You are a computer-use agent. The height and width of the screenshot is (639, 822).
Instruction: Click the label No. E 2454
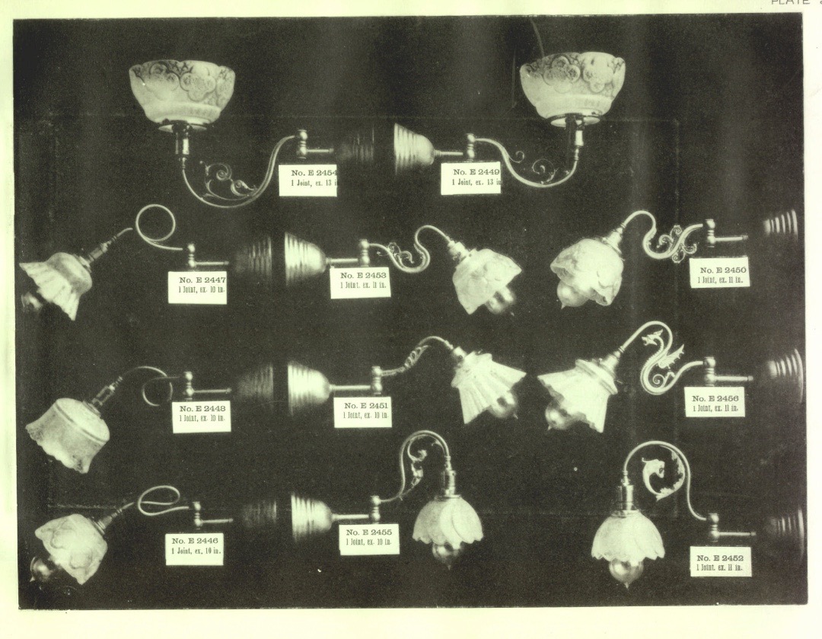pyautogui.click(x=307, y=180)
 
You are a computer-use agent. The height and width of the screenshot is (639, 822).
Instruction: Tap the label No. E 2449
pyautogui.click(x=470, y=178)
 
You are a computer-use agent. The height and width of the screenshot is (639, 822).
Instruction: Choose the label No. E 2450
pyautogui.click(x=719, y=273)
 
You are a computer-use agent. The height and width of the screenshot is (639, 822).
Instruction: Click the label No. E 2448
pyautogui.click(x=201, y=416)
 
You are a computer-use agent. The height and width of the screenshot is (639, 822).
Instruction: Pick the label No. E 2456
pyautogui.click(x=714, y=401)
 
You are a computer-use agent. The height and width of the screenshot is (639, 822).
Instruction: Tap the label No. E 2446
pyautogui.click(x=194, y=548)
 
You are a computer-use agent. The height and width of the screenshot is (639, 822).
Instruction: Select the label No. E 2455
pyautogui.click(x=368, y=538)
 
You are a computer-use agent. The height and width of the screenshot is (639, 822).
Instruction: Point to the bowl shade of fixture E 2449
pyautogui.click(x=572, y=84)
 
